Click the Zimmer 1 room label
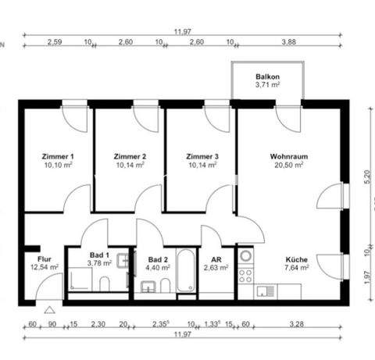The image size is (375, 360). (x=58, y=156)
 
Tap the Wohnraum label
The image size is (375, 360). (x=288, y=156)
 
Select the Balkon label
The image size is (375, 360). (x=267, y=77)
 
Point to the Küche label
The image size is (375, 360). (x=296, y=259)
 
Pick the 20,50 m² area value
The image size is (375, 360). (x=288, y=166)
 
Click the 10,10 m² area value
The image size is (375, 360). (x=58, y=166)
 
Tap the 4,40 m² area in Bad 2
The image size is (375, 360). (x=159, y=268)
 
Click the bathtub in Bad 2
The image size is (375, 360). (x=186, y=271)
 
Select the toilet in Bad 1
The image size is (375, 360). (x=104, y=283)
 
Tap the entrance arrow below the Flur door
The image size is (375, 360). (x=48, y=310)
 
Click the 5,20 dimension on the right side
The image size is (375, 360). (x=366, y=178)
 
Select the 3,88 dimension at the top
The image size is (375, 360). (x=288, y=43)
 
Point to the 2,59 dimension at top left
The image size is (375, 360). (x=55, y=43)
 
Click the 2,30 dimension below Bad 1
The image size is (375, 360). (x=98, y=324)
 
